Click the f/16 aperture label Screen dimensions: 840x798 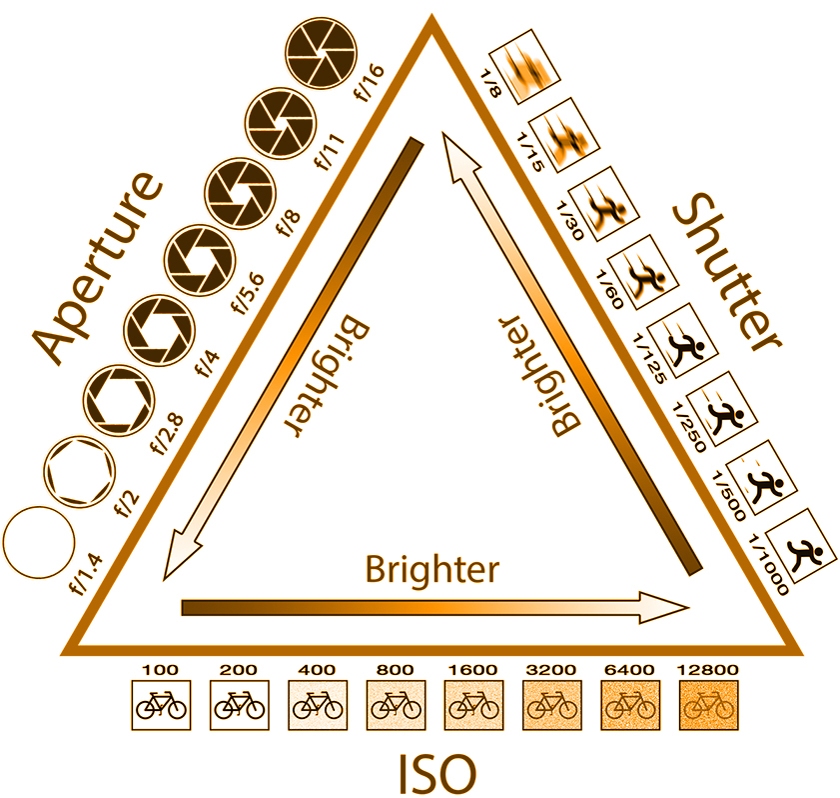click(370, 83)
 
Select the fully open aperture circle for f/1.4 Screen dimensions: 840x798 click(39, 542)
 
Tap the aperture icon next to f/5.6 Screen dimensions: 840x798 click(200, 261)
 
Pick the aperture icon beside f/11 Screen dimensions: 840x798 click(281, 123)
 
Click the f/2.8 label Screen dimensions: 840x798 click(168, 434)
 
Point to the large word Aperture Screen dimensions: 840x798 click(98, 268)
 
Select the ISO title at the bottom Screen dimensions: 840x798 click(437, 774)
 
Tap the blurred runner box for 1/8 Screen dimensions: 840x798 click(524, 66)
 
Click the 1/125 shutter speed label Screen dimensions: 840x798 click(649, 358)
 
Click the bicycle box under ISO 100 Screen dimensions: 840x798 click(161, 705)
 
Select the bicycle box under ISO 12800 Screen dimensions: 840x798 click(709, 705)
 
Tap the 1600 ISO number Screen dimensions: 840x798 click(472, 670)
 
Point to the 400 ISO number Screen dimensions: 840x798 click(317, 670)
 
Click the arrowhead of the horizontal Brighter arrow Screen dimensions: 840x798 click(664, 608)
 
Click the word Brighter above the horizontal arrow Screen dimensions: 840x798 click(432, 569)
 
